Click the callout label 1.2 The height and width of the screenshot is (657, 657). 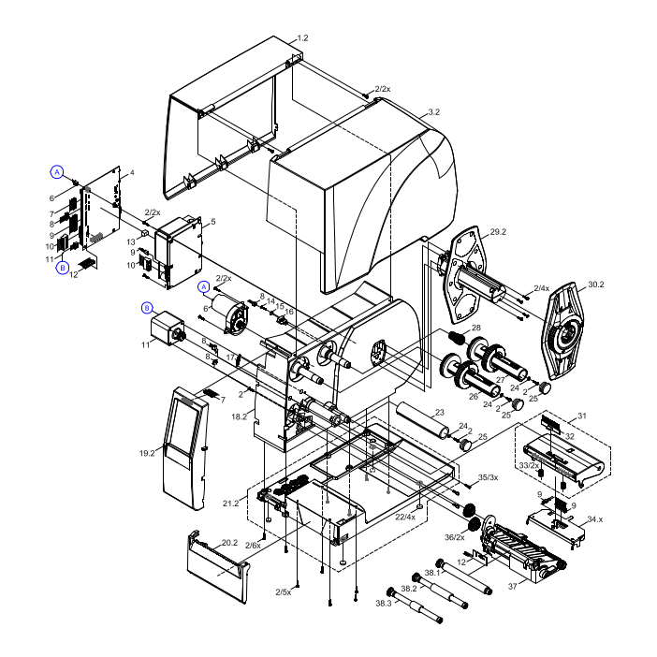(x=302, y=38)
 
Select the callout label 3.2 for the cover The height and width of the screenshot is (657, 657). (x=433, y=112)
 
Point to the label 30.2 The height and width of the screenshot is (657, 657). (x=595, y=285)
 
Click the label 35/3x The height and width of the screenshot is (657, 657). (x=488, y=478)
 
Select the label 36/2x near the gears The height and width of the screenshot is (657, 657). (x=455, y=537)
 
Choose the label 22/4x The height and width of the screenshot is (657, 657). (x=405, y=518)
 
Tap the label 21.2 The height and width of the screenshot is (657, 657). (x=231, y=503)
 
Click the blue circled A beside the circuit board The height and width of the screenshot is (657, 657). (x=57, y=172)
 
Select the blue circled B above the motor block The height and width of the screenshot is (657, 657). (x=147, y=308)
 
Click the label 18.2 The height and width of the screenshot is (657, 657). (x=239, y=416)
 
